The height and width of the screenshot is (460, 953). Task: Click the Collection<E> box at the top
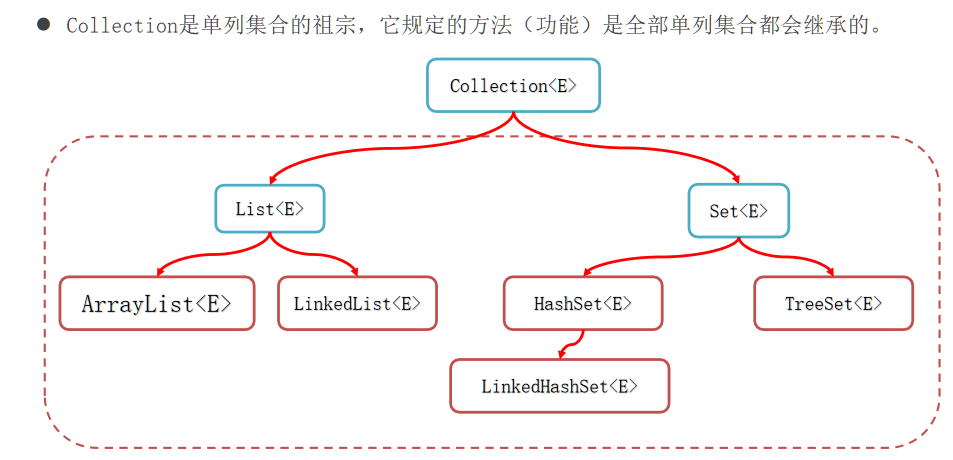pos(513,86)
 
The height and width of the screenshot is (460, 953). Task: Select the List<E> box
pos(269,210)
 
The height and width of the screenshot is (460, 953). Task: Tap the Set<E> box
pos(739,210)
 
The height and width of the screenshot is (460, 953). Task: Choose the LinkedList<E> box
pos(357,303)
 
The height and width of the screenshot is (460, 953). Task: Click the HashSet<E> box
pos(582,303)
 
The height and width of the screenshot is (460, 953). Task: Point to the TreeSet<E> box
pos(833,303)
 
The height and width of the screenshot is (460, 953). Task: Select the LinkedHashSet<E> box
pos(559,386)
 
